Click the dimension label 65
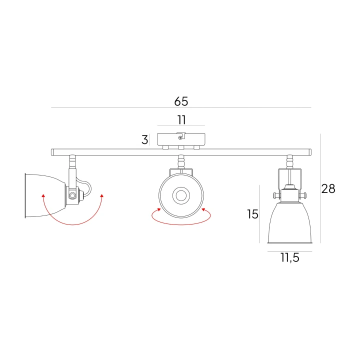click(x=181, y=101)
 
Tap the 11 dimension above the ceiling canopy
click(x=181, y=120)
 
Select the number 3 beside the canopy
click(x=144, y=139)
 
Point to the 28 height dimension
click(x=328, y=188)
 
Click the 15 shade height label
click(x=252, y=214)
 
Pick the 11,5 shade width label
click(x=289, y=258)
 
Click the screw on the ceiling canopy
click(x=180, y=137)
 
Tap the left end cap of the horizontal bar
click(x=52, y=152)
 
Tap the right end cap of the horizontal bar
click(x=310, y=152)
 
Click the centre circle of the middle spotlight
click(x=181, y=195)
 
